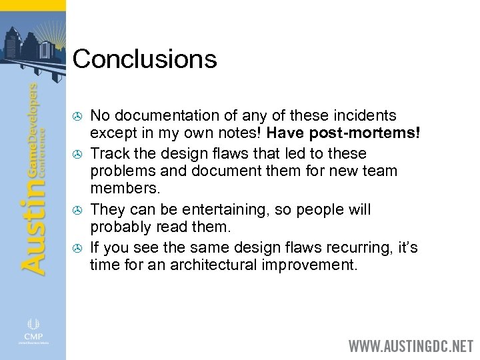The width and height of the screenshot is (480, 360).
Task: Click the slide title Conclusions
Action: [x=145, y=59]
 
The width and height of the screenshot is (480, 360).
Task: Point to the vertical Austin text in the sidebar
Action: [x=33, y=220]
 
